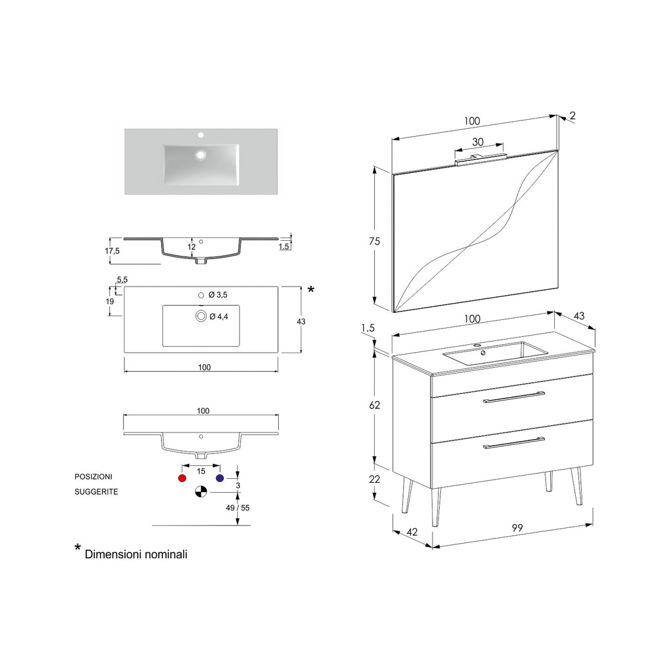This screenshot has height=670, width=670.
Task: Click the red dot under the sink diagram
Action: [182, 479]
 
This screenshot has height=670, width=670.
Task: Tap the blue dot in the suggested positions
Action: [220, 479]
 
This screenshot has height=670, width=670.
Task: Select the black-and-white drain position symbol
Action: [201, 491]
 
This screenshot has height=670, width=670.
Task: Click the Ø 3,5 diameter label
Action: [218, 295]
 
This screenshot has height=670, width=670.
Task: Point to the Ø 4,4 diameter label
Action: [218, 317]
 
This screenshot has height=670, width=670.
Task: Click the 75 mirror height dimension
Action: [374, 241]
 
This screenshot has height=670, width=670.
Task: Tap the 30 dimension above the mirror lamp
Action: [478, 142]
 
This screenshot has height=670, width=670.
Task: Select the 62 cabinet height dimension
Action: [374, 405]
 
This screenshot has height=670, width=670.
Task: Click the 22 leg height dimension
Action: [374, 480]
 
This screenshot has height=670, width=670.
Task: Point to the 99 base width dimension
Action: [517, 529]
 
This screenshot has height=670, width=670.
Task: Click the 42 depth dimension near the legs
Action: [412, 533]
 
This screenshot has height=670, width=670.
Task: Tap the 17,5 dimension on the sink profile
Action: [113, 251]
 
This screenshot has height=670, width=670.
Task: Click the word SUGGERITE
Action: [96, 491]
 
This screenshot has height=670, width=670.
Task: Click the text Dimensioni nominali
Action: [136, 554]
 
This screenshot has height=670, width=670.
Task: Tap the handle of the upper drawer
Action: [514, 397]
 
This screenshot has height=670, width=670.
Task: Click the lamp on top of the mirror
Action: [480, 156]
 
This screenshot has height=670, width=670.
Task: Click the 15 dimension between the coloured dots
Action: [201, 471]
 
